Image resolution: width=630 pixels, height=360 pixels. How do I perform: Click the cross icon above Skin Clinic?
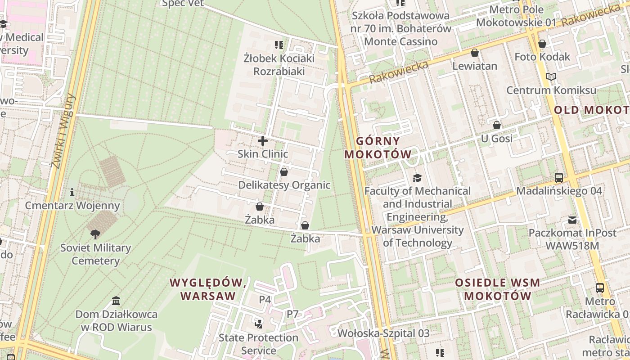[x=263, y=141]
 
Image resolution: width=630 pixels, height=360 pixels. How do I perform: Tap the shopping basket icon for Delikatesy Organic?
[x=284, y=172]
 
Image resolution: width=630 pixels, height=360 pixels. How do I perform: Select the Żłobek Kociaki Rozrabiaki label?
[x=279, y=65]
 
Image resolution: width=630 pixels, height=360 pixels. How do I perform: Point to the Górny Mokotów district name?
[x=378, y=148]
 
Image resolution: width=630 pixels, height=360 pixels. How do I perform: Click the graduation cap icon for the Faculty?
[x=418, y=178]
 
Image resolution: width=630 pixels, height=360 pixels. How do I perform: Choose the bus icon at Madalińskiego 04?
[x=559, y=178]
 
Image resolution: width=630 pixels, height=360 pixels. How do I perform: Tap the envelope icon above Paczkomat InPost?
[x=572, y=220]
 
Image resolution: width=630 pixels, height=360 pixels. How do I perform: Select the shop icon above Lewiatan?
[x=475, y=53]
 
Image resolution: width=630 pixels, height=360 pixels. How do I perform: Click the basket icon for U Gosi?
[x=497, y=125]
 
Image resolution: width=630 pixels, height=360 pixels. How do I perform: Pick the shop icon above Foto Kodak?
[x=542, y=44]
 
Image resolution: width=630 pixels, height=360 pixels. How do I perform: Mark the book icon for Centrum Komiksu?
[x=551, y=77]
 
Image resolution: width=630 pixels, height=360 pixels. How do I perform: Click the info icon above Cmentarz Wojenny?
[x=72, y=193]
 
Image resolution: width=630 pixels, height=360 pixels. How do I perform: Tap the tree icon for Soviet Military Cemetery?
[x=95, y=234]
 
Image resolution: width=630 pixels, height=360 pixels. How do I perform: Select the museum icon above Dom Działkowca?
[x=116, y=301]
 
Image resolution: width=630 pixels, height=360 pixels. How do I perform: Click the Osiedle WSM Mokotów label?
[x=497, y=289]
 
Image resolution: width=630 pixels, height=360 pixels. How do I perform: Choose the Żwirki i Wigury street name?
[x=63, y=131]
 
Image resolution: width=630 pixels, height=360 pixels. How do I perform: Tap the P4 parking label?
[x=265, y=299]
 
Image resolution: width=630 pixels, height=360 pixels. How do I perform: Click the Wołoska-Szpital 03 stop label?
[x=383, y=333]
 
